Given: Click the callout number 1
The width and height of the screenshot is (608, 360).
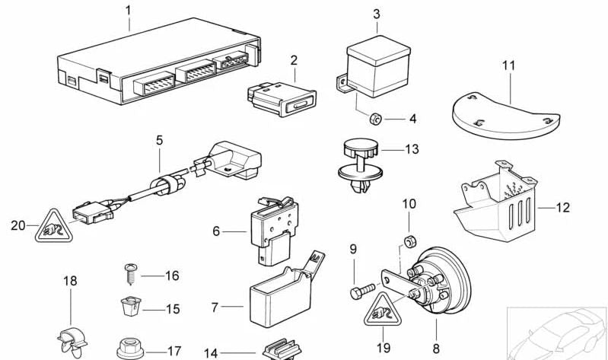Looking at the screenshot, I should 128,11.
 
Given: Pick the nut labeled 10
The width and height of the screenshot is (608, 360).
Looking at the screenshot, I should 408,243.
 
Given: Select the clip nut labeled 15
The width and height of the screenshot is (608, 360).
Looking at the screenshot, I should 129,308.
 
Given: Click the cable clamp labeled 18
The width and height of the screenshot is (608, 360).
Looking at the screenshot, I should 70,339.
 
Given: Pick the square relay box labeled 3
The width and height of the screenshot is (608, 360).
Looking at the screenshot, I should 377,63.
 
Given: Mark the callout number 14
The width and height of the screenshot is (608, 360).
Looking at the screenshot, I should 211,353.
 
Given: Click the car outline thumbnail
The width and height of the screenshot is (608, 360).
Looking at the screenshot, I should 558,332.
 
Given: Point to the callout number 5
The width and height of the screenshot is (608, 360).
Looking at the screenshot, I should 159,140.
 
